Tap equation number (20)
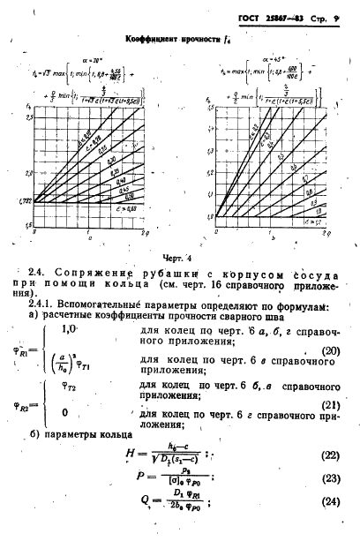tap(328, 374)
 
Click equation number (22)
tap(328, 480)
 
